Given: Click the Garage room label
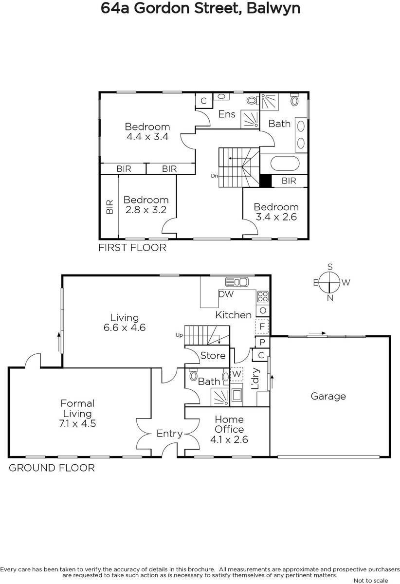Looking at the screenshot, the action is tap(328, 396).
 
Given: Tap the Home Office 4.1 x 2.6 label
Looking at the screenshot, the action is tap(229, 429).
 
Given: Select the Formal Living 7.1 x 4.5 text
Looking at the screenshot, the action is tap(77, 413).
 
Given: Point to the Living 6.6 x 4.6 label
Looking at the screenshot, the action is tap(125, 322).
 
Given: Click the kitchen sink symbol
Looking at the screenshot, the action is tap(237, 282).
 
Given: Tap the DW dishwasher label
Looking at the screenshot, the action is tap(226, 294).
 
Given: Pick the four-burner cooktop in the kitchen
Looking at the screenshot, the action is tap(263, 296).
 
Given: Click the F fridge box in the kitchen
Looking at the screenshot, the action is tap(262, 327).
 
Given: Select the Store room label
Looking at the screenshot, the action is tap(213, 356).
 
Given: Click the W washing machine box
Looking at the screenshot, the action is tap(236, 374).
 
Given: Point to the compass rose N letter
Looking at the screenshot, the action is tap(330, 298).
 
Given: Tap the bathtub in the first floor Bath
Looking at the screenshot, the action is tap(285, 164).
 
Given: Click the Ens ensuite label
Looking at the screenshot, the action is tap(227, 114).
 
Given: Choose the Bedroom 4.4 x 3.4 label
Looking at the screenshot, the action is tap(147, 131).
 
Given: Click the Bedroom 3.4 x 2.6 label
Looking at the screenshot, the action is tap(276, 212).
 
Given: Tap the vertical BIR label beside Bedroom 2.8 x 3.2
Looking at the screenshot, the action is tap(110, 207).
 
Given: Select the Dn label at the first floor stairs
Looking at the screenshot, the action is tap(214, 176).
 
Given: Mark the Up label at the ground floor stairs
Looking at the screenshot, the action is tap(179, 335).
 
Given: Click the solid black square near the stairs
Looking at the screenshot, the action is tap(266, 181).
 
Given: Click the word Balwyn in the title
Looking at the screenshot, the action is tap(273, 8).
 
